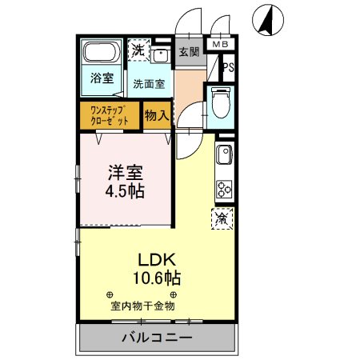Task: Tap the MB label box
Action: coord(218,46)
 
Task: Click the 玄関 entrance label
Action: coord(189,53)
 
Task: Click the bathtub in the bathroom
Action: coord(101,54)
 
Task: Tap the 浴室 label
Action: coord(101,80)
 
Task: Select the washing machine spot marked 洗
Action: coord(139,50)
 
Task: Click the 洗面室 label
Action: coord(149,82)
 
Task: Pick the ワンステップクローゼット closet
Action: coord(110,114)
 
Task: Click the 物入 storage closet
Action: coord(157,115)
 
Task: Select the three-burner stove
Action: coord(224,190)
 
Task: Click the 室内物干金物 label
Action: coord(142,305)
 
